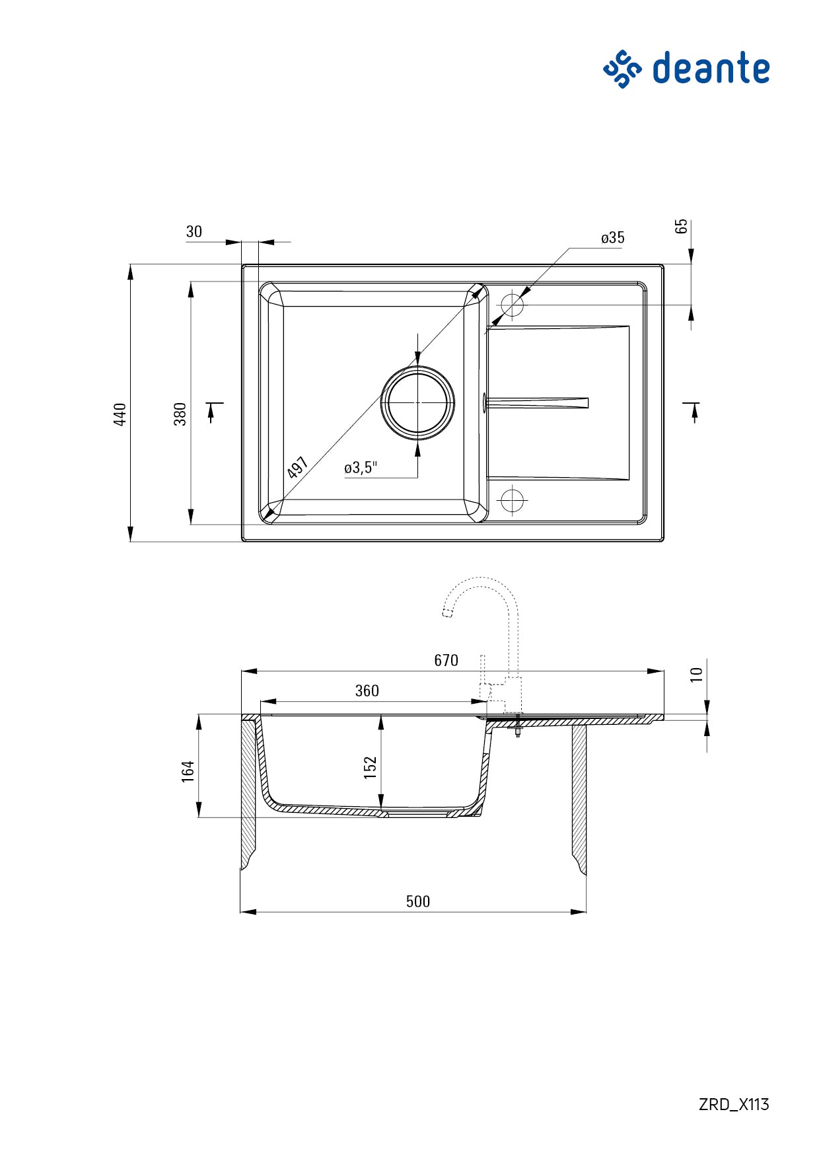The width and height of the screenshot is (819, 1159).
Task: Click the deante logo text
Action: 711,68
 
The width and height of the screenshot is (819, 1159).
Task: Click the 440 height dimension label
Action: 120,414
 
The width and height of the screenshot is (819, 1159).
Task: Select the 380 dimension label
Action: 180,414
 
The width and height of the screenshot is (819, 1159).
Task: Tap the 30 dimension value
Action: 194,231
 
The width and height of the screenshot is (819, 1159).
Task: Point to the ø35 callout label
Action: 612,238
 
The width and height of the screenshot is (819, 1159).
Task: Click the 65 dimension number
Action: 682,226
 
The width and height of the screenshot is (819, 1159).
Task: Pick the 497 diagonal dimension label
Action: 298,467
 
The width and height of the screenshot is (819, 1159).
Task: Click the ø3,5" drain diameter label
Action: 360,468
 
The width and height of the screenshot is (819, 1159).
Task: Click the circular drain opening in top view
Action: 417,403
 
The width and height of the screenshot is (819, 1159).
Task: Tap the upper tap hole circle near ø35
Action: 512,305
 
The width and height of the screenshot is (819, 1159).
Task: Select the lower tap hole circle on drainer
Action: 512,500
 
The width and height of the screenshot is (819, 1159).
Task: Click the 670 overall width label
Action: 446,660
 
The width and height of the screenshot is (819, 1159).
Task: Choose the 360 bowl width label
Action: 367,691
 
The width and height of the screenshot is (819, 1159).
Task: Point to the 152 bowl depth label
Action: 370,767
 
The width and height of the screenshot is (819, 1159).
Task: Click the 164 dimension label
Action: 188,771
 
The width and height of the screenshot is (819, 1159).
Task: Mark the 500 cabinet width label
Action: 417,901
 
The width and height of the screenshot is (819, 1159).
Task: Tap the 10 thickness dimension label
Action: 696,675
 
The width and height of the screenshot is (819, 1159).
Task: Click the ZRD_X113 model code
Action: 733,1104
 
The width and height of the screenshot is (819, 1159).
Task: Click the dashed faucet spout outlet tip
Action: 447,614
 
